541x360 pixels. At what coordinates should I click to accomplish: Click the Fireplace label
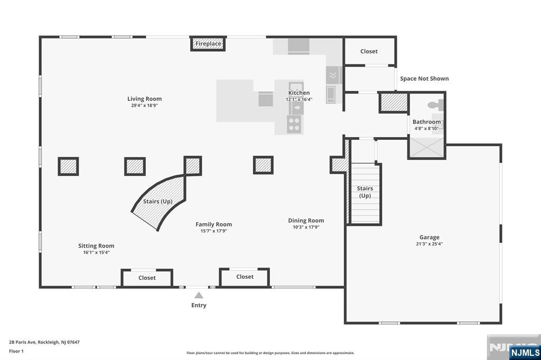(x=208, y=44)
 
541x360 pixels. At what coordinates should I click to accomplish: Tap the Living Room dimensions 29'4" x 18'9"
(x=144, y=106)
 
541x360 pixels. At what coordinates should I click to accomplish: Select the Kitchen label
(x=299, y=93)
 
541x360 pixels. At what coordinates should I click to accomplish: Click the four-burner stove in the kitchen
(x=294, y=124)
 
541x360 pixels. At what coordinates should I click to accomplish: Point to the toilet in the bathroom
(x=434, y=105)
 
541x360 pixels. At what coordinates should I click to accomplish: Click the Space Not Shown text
(x=424, y=79)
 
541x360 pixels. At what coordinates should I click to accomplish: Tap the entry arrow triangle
(x=199, y=295)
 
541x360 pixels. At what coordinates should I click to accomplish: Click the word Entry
(x=199, y=305)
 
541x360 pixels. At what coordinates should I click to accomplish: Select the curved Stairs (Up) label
(x=157, y=202)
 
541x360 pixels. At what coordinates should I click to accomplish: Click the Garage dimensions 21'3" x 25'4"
(x=429, y=244)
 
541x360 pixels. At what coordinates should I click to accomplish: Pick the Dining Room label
(x=306, y=221)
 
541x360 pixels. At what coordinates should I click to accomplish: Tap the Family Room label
(x=213, y=224)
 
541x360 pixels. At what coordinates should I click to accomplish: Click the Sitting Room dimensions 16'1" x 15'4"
(x=96, y=252)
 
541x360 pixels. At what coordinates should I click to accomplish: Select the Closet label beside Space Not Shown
(x=369, y=51)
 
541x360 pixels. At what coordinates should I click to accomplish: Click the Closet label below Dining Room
(x=245, y=277)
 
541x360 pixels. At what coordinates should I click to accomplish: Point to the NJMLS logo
(x=525, y=353)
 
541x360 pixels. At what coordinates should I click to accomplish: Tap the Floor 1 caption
(x=16, y=352)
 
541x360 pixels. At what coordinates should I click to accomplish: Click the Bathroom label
(x=426, y=122)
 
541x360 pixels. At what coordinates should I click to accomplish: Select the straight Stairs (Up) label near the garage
(x=365, y=192)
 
